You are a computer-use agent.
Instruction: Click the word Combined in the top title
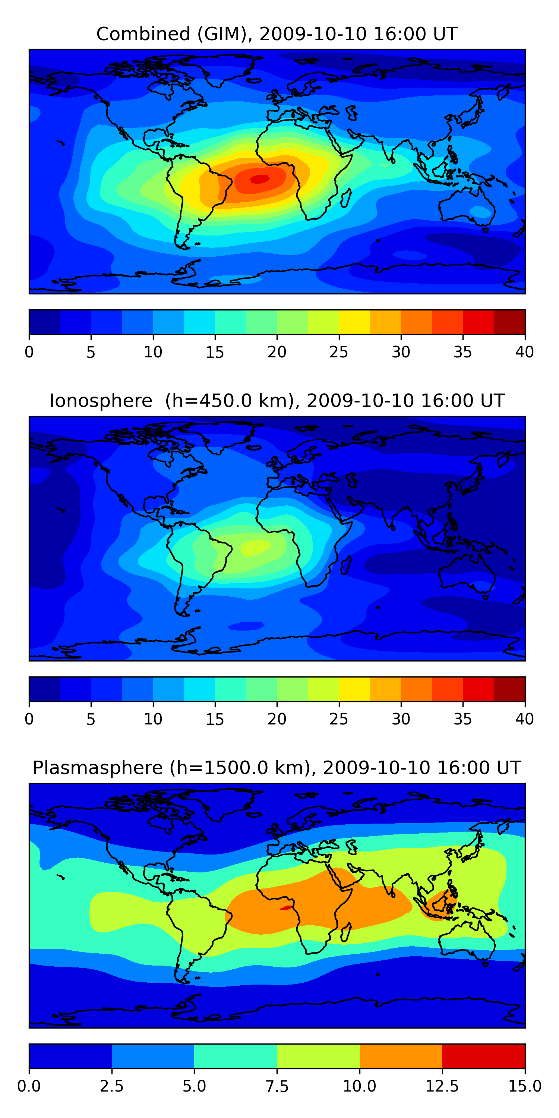143,34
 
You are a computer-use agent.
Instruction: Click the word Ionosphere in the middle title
101,401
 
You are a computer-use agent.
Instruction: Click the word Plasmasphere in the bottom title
98,768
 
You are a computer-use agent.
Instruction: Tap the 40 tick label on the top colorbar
524,352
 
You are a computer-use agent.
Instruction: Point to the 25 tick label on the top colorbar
338,352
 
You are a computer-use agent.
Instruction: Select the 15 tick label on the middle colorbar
215,719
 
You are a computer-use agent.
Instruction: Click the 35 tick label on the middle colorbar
462,719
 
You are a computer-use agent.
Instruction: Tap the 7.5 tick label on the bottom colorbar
277,1086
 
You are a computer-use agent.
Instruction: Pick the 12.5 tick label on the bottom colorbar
442,1086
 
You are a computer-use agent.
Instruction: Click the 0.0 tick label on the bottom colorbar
29,1086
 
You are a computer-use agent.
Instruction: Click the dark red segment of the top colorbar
509,322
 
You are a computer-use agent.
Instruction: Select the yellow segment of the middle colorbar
354,689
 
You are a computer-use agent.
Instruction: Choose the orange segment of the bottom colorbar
401,1056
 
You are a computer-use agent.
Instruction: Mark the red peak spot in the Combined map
259,179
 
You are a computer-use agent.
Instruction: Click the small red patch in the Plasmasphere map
287,907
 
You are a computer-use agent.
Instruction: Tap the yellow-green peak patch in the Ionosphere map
255,547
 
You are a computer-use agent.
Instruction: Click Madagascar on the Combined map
346,198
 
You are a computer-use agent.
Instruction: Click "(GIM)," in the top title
225,34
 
